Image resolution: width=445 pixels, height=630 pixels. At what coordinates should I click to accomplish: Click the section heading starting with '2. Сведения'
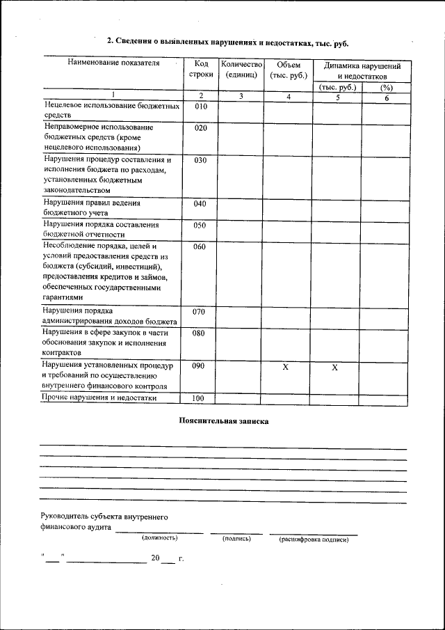click(x=227, y=42)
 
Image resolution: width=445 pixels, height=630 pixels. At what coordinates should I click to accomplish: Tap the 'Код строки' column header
click(x=200, y=69)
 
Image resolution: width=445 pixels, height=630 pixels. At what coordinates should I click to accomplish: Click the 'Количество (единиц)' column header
click(x=241, y=69)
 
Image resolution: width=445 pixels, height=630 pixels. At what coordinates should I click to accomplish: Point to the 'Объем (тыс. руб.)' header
click(x=287, y=69)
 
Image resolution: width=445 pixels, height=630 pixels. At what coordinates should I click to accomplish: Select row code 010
click(x=200, y=107)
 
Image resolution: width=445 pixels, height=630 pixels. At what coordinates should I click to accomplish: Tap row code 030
click(x=200, y=160)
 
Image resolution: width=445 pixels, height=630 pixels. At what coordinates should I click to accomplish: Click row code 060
click(x=200, y=247)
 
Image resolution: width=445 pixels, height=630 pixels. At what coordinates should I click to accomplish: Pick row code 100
click(x=200, y=398)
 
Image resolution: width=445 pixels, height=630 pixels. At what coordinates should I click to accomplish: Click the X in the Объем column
click(x=285, y=367)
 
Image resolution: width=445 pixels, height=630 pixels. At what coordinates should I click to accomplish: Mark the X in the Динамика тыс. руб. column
click(x=334, y=367)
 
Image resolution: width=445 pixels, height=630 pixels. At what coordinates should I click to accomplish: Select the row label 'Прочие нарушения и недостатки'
click(x=99, y=398)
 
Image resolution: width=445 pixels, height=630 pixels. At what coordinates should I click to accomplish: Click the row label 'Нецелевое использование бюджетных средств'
click(x=111, y=111)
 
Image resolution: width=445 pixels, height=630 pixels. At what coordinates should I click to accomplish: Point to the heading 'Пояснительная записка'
click(x=223, y=421)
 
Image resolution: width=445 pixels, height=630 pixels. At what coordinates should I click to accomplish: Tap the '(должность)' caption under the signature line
click(x=159, y=538)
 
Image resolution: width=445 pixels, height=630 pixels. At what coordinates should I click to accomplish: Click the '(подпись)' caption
click(x=236, y=538)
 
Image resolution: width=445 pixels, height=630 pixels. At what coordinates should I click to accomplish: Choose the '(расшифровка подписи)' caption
click(x=314, y=539)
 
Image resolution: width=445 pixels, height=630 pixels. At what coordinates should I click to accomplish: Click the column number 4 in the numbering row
click(x=287, y=96)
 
